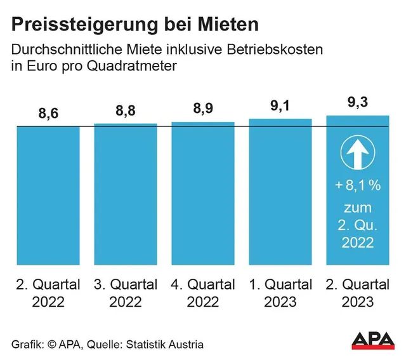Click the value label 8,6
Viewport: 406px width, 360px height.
(x=48, y=114)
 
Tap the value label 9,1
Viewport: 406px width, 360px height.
(x=280, y=106)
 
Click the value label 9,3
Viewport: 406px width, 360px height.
(x=357, y=103)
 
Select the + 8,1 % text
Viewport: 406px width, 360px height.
(x=357, y=186)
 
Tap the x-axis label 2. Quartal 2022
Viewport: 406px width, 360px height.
(x=48, y=293)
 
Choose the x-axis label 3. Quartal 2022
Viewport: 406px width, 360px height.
(x=126, y=293)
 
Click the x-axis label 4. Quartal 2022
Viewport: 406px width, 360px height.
(x=203, y=293)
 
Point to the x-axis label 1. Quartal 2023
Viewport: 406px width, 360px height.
(x=280, y=293)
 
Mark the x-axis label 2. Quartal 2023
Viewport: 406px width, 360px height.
(x=357, y=293)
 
